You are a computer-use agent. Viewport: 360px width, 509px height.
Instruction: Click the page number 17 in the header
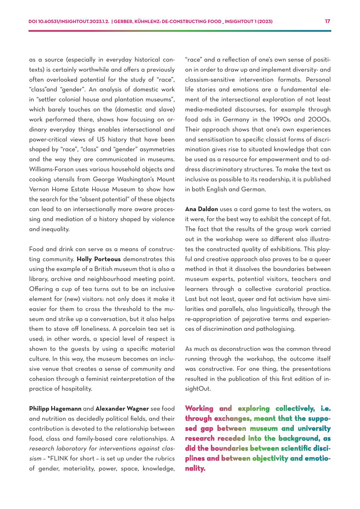pyautogui.click(x=328, y=21)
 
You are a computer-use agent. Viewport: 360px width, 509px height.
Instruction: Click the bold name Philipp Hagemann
pyautogui.click(x=55, y=409)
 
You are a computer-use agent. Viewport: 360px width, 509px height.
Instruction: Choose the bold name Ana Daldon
pyautogui.click(x=202, y=209)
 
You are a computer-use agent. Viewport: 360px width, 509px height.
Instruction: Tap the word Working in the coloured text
pyautogui.click(x=199, y=409)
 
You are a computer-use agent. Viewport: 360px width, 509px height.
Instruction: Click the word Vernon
pyautogui.click(x=39, y=189)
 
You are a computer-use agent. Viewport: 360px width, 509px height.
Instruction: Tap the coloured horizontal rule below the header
pyautogui.click(x=180, y=31)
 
